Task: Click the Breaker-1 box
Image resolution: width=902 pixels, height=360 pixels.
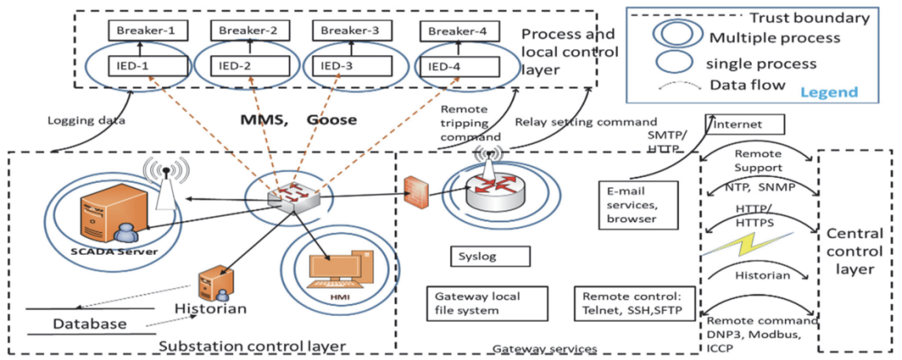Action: click(x=147, y=31)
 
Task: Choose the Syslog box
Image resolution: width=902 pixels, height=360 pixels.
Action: click(x=489, y=256)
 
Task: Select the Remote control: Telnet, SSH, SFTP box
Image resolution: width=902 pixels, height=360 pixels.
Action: click(x=633, y=303)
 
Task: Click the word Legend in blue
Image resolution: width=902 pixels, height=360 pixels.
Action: click(x=830, y=92)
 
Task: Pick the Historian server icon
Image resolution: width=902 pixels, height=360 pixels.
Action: click(x=212, y=284)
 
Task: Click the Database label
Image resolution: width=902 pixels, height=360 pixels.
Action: click(x=90, y=323)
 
